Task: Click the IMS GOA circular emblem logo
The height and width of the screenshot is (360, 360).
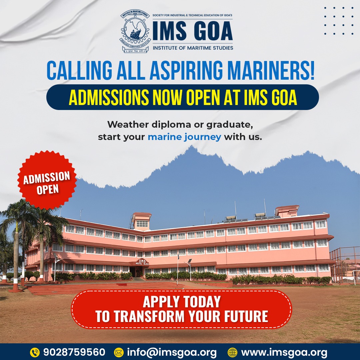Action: (135, 32)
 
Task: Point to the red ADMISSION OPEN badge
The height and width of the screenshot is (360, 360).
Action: (47, 180)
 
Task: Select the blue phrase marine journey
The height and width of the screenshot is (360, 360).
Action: (184, 137)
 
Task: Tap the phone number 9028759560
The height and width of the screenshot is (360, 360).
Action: (74, 352)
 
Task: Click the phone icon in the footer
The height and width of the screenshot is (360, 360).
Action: (35, 352)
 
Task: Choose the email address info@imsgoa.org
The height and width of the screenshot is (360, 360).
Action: (172, 352)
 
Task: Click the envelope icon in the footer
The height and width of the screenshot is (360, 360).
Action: (119, 352)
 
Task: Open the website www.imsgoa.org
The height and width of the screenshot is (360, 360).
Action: (284, 352)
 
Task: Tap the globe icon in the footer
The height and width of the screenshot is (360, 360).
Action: (232, 352)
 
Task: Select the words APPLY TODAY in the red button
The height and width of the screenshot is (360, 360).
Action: (182, 302)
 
